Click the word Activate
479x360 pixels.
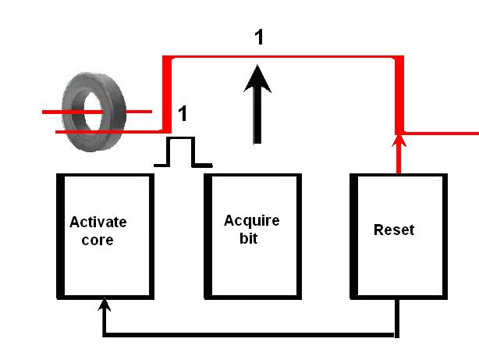click(98, 222)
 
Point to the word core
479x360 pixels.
click(98, 240)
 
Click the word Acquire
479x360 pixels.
click(251, 220)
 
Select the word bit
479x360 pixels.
click(247, 238)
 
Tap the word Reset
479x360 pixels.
click(394, 230)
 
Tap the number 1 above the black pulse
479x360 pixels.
click(183, 114)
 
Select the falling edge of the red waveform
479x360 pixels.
click(399, 94)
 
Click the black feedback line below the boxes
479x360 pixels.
click(250, 337)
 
